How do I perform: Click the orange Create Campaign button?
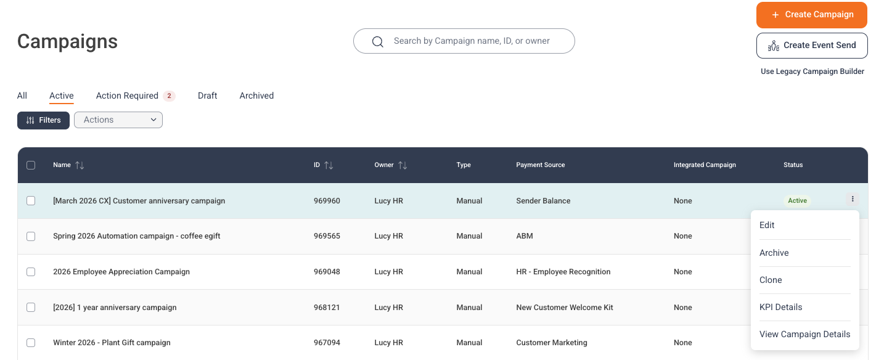point(812,15)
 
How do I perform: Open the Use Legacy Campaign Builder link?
point(812,72)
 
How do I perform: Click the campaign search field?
point(464,41)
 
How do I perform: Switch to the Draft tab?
point(208,96)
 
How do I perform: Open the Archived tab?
point(256,96)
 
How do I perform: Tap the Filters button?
point(43,120)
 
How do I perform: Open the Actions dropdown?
point(118,120)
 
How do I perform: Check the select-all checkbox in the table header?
point(31,165)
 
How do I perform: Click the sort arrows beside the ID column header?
point(329,165)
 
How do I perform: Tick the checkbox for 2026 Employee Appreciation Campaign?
point(31,272)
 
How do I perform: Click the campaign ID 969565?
point(327,235)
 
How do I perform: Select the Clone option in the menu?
point(771,280)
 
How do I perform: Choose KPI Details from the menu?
point(780,307)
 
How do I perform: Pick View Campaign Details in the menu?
point(805,334)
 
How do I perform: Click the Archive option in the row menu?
point(774,253)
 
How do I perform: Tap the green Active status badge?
point(797,201)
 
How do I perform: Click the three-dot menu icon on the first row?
point(853,198)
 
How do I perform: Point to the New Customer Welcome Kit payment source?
point(565,308)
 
